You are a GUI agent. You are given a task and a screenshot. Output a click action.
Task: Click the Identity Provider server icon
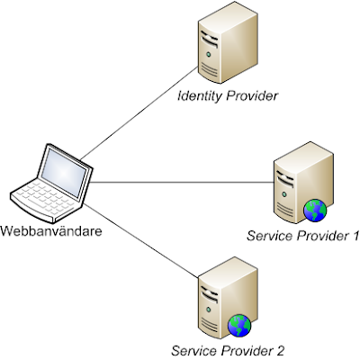[228, 42]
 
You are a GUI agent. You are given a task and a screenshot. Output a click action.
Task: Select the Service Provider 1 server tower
[303, 183]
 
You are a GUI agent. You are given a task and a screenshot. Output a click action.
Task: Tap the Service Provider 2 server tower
[228, 298]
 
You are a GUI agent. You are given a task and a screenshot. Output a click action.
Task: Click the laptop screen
[64, 173]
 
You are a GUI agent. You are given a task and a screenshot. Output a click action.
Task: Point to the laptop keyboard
[45, 197]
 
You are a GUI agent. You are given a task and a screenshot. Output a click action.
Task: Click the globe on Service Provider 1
[315, 211]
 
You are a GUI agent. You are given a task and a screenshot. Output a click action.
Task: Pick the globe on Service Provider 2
[239, 326]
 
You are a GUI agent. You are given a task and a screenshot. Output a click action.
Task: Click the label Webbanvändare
[51, 231]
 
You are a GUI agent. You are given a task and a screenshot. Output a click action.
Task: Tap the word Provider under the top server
[252, 96]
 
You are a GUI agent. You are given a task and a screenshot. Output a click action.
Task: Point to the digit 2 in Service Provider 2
[279, 351]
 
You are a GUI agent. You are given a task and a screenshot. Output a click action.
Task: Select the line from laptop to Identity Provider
[139, 113]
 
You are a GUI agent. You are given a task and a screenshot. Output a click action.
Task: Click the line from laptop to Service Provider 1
[182, 182]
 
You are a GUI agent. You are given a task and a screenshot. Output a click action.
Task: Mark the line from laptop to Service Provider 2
[140, 240]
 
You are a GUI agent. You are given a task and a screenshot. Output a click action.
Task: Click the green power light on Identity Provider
[208, 55]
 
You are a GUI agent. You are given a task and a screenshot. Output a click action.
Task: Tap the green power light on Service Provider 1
[283, 194]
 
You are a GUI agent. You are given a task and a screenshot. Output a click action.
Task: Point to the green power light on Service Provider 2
[208, 310]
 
